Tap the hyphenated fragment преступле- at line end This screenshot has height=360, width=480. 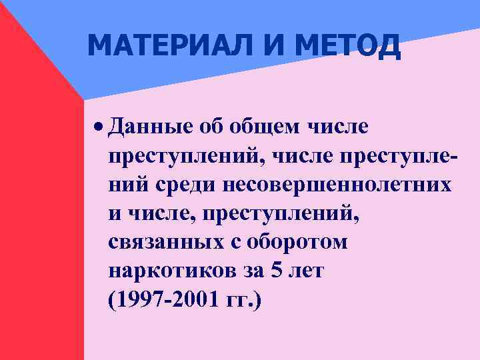pos(399,155)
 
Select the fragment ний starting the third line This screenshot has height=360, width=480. pos(124,185)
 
